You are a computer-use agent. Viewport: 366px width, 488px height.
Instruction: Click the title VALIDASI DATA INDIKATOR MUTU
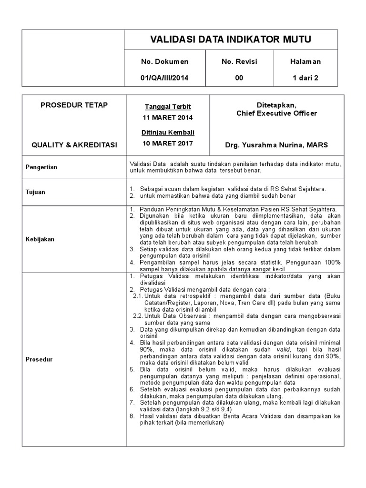point(231,40)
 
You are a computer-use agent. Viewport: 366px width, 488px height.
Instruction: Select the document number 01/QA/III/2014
point(164,79)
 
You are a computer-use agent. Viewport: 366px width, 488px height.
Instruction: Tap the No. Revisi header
point(239,61)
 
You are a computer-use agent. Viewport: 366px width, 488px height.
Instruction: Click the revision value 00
point(239,79)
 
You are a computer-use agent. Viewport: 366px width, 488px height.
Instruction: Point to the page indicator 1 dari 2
point(305,79)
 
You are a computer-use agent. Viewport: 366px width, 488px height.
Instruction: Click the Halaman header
point(305,61)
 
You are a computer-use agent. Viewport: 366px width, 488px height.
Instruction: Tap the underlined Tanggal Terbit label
point(164,107)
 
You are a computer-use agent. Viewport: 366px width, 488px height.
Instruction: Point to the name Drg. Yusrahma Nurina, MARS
point(276,144)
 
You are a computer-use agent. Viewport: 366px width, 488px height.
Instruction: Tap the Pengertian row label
point(41,167)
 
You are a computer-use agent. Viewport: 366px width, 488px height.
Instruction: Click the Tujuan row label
point(35,192)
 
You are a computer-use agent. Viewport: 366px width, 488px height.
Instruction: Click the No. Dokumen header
point(164,61)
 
